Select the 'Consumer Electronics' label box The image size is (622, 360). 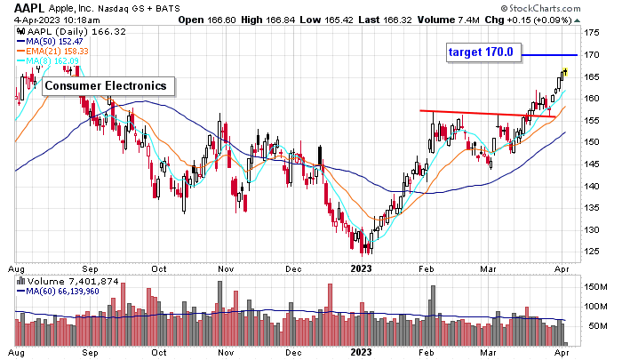click(x=105, y=86)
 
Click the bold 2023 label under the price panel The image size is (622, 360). click(x=362, y=268)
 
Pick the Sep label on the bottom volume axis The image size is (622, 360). click(x=91, y=354)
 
